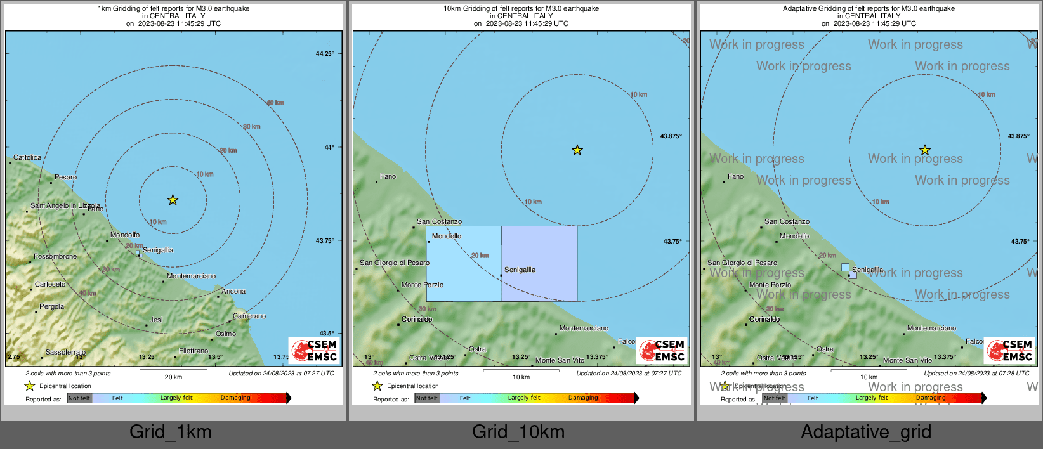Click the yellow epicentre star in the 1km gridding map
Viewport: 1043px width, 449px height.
tap(173, 200)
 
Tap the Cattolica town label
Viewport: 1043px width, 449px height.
tap(27, 157)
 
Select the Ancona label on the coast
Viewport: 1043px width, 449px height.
tap(233, 291)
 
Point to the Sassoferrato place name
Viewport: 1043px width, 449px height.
tap(65, 352)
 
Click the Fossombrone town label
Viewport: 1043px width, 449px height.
tap(55, 256)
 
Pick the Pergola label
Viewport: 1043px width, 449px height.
tap(51, 306)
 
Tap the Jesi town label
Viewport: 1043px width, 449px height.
tap(156, 320)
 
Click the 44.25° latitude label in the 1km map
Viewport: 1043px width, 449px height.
tap(325, 54)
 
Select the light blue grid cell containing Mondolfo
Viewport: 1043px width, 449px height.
tap(464, 263)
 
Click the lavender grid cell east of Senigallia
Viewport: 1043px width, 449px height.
tap(540, 263)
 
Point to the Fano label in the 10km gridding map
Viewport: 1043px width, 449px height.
tap(388, 176)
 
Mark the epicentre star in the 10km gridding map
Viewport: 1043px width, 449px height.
tap(577, 150)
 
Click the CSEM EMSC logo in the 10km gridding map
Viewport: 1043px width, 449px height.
tap(662, 350)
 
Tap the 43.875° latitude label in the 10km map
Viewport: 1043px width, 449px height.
tap(671, 136)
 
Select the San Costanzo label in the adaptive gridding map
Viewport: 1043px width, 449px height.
tap(787, 221)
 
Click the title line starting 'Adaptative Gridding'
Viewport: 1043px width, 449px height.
tap(869, 8)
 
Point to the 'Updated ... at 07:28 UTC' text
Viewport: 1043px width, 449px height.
tap(976, 373)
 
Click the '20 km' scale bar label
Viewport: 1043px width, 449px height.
tap(173, 377)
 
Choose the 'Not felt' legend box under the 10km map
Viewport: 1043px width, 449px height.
tap(427, 398)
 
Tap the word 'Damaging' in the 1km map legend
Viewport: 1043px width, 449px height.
tap(235, 398)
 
